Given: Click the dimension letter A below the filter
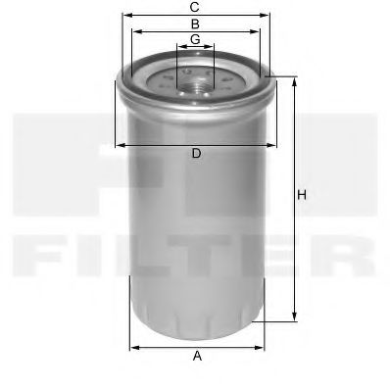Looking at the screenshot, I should [x=197, y=356].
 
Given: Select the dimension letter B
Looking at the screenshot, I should [x=196, y=23].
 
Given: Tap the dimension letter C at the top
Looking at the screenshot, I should [x=196, y=6].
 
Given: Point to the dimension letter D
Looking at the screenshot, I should [x=196, y=155].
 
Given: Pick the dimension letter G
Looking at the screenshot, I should [x=196, y=39].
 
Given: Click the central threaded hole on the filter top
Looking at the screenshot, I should [x=196, y=77].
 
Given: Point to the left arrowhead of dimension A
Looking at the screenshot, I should [x=133, y=346].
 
